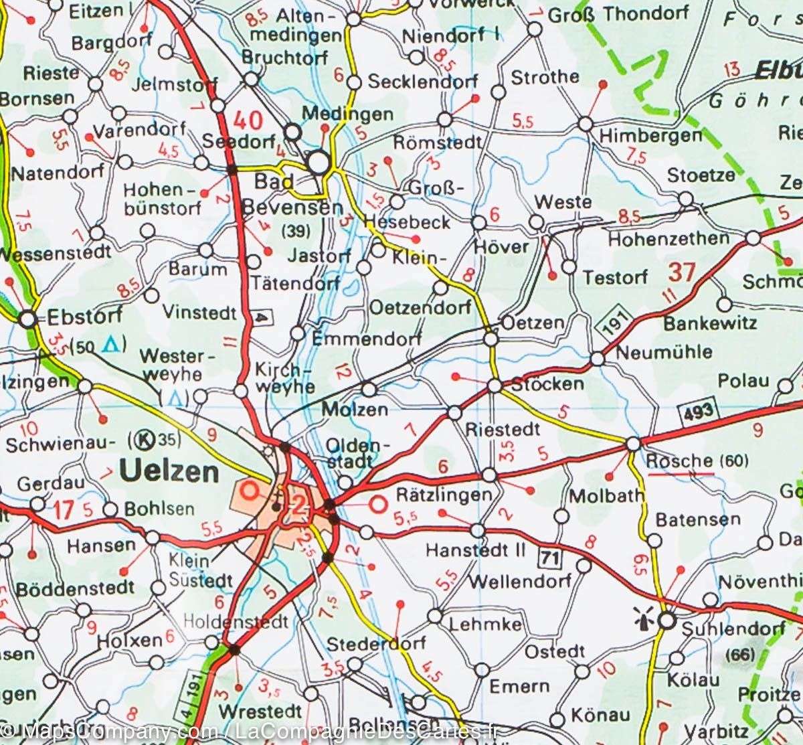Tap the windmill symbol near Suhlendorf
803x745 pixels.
[x=644, y=620]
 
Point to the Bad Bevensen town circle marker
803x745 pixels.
[x=320, y=162]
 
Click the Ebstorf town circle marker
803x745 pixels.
[x=27, y=320]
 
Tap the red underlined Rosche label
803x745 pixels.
[x=679, y=461]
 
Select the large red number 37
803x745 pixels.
[x=682, y=272]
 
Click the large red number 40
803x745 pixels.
[x=248, y=120]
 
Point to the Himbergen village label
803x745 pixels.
[x=650, y=135]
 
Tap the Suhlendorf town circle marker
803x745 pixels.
[x=666, y=621]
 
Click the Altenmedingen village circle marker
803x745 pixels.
[x=354, y=19]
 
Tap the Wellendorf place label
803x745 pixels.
[x=519, y=580]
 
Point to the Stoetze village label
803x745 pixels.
[x=701, y=175]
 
